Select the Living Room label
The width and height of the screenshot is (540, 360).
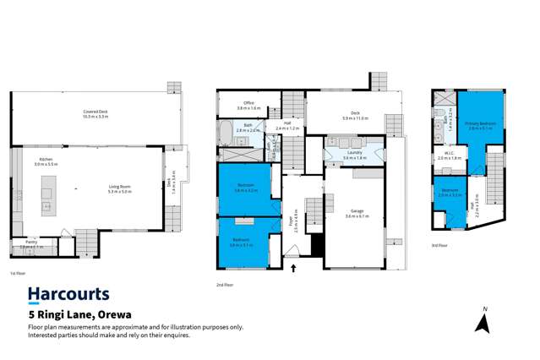tap(119, 189)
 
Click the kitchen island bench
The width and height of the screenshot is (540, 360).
tap(47, 194)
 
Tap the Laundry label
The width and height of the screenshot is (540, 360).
tap(354, 155)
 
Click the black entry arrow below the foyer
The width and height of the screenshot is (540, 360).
tap(294, 269)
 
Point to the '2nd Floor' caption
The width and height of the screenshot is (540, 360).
tap(226, 286)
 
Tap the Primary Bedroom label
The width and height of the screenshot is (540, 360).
tap(481, 125)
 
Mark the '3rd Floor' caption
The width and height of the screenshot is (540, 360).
tap(439, 245)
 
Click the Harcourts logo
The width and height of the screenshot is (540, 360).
tap(69, 294)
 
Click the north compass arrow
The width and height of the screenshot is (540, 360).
tap(483, 323)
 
